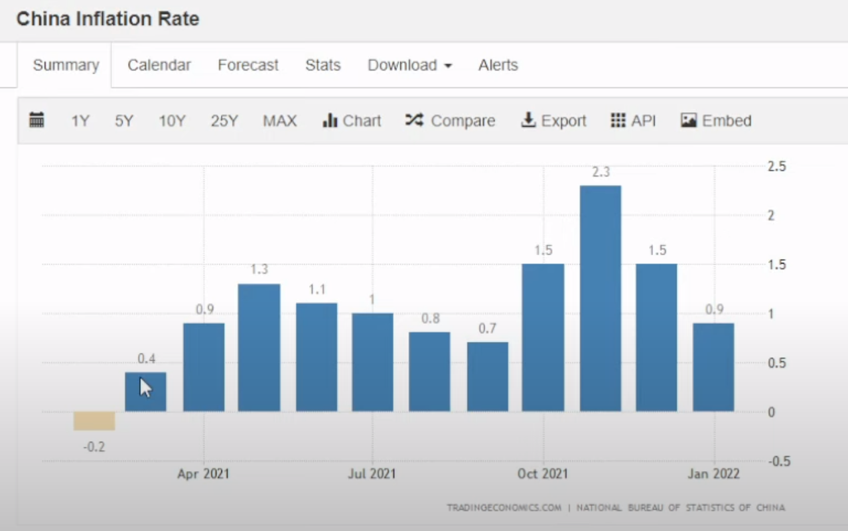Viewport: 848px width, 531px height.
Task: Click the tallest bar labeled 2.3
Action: click(600, 299)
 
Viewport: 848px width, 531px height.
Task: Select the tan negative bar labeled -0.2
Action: click(94, 421)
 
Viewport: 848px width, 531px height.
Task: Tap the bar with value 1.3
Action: click(259, 348)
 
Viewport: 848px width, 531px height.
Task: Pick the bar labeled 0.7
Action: click(487, 377)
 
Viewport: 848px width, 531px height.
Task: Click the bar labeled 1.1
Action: click(317, 357)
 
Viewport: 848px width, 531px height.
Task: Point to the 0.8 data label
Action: click(430, 319)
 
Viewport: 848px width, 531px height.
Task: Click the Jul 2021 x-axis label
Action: click(372, 473)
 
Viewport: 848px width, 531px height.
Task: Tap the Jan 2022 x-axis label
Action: click(713, 473)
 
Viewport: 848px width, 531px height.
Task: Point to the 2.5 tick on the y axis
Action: click(776, 167)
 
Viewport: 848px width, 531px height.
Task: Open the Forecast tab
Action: click(248, 65)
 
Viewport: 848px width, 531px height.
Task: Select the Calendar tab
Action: click(159, 65)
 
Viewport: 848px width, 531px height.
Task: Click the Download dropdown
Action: click(409, 65)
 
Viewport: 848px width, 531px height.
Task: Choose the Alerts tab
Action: click(498, 65)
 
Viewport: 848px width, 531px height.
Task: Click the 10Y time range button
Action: click(172, 121)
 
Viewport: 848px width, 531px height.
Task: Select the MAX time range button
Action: click(279, 121)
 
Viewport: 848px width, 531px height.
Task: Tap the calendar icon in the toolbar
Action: click(37, 120)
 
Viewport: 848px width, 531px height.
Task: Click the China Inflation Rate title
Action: click(107, 19)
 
